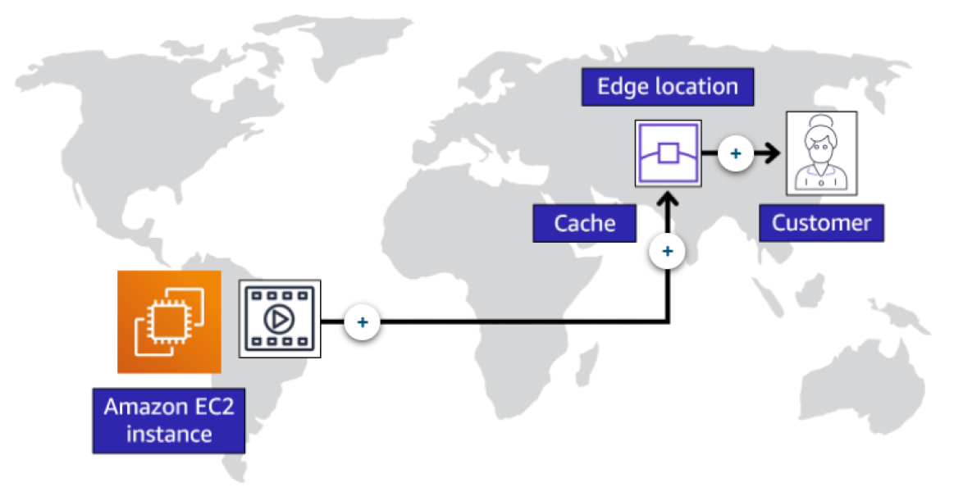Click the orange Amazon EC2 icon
169,321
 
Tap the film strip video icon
280,318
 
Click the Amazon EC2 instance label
169,421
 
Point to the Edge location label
667,87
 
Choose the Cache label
584,223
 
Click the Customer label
821,223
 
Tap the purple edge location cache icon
667,153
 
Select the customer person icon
821,153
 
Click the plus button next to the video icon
362,322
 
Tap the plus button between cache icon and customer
736,153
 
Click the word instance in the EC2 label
169,434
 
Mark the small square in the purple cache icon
667,153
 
